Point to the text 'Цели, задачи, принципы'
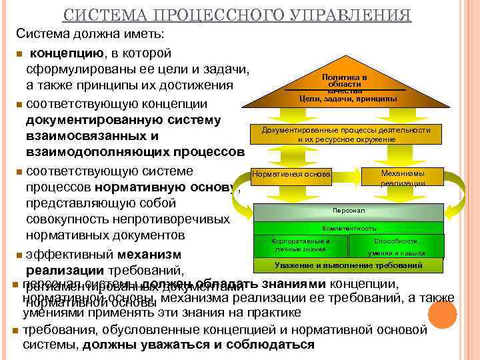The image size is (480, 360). pyautogui.click(x=348, y=99)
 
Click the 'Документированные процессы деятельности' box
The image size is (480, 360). pyautogui.click(x=346, y=135)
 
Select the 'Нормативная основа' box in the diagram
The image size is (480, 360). pyautogui.click(x=291, y=175)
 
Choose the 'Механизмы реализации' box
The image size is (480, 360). pyautogui.click(x=403, y=177)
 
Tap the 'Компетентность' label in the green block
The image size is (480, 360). pyautogui.click(x=348, y=228)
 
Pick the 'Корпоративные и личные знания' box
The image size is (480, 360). pyautogui.click(x=300, y=245)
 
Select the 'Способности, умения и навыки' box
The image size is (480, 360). pyautogui.click(x=397, y=247)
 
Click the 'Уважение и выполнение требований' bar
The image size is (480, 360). pyautogui.click(x=348, y=266)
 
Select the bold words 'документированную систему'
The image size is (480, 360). pyautogui.click(x=123, y=120)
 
